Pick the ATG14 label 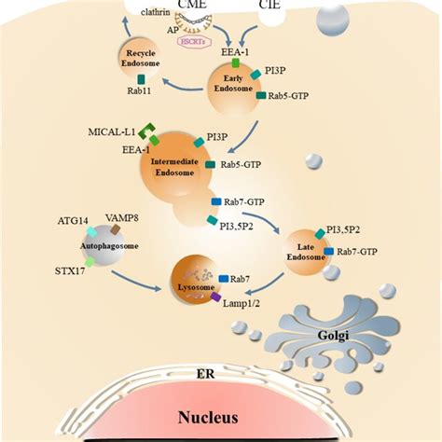pyautogui.click(x=72, y=224)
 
